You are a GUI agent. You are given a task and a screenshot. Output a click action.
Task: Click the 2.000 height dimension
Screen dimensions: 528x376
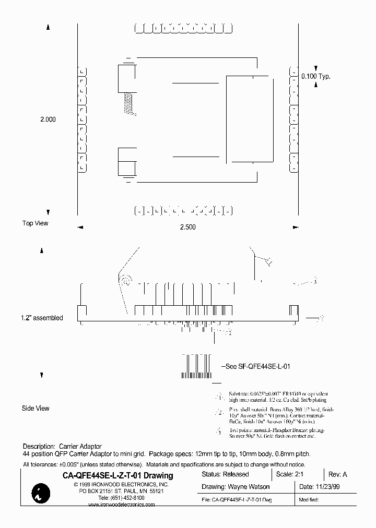pos(48,119)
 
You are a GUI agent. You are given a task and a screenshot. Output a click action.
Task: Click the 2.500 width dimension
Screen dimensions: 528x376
pos(187,227)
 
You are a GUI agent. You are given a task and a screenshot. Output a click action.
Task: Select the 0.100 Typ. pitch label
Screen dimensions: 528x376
pos(316,77)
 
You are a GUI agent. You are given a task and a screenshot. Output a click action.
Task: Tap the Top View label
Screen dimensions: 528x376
pos(35,223)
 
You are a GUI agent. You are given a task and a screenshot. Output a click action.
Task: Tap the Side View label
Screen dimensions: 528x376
pos(36,408)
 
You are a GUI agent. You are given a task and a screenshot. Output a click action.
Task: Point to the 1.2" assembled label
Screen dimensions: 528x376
pos(42,318)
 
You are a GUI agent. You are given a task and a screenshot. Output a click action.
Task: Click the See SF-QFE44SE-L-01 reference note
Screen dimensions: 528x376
pos(256,366)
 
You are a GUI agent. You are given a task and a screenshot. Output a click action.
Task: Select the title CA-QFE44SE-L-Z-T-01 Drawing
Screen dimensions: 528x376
pos(118,475)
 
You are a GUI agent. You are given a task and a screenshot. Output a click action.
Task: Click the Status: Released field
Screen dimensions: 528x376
pos(225,474)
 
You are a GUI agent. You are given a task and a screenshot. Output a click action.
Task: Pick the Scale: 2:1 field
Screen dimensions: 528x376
pos(291,474)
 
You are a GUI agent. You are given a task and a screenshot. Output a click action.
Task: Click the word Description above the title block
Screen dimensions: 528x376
pos(38,447)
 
